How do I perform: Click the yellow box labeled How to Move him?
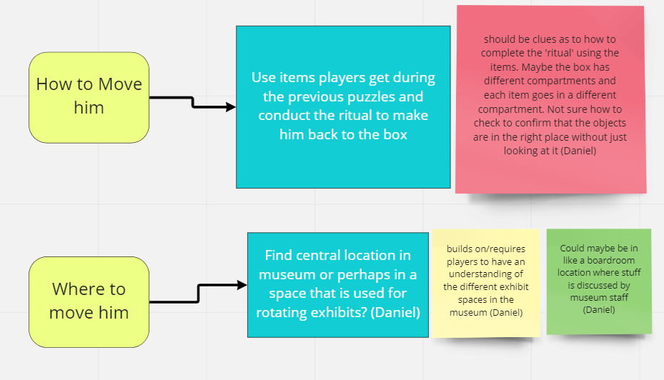pyautogui.click(x=89, y=97)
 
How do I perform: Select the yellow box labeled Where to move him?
pyautogui.click(x=89, y=301)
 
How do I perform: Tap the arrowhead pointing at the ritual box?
pyautogui.click(x=230, y=107)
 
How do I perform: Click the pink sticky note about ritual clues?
pyautogui.click(x=551, y=100)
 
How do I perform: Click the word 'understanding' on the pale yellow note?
pyautogui.click(x=485, y=274)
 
